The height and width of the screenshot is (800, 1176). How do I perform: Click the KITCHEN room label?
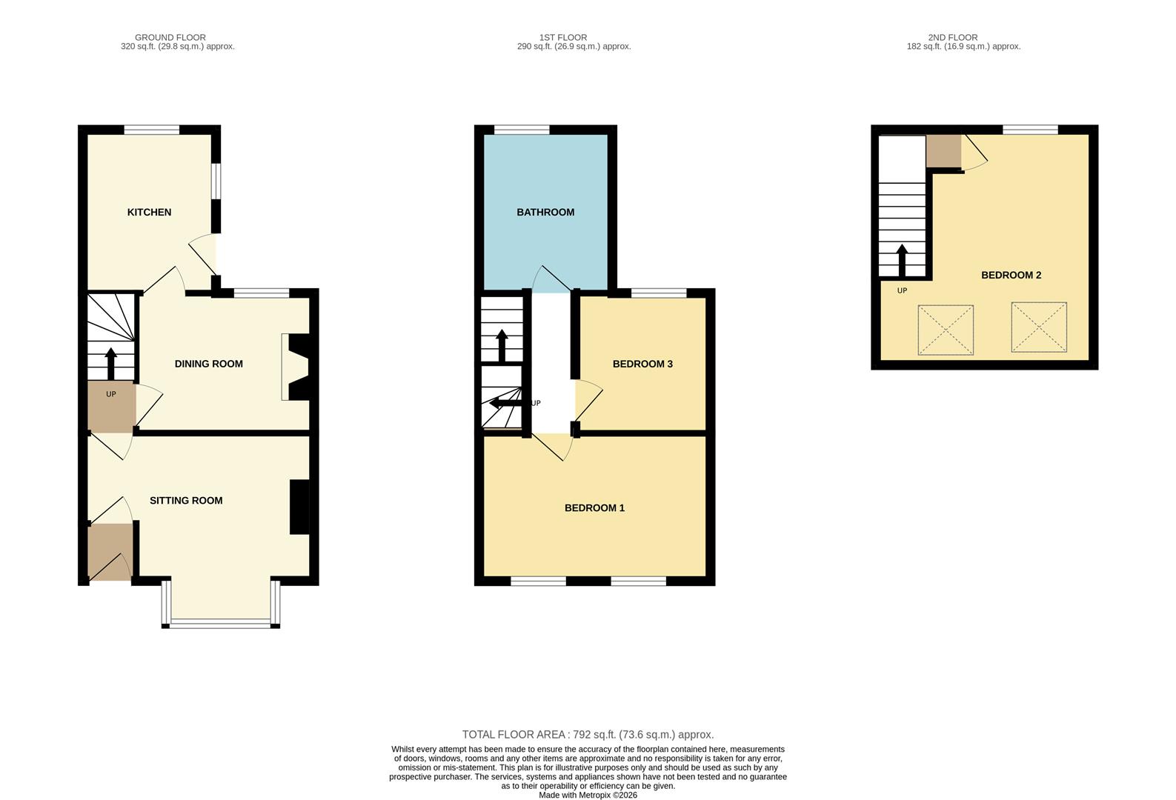coord(149,213)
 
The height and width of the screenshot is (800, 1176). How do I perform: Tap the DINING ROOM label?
coord(208,364)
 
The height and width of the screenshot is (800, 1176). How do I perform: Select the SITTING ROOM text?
coord(186,501)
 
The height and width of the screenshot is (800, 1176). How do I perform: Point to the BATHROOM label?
coord(545,213)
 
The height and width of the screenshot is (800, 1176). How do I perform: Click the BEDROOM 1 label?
coord(594,508)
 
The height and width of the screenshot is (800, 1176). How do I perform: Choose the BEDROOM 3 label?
coord(642,364)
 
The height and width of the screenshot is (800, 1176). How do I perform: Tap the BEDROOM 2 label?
coord(1011,276)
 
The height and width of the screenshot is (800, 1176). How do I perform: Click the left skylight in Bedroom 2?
coord(946,330)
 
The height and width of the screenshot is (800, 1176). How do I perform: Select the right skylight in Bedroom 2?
coord(1039,327)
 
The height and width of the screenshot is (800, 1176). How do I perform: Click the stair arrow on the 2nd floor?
coord(902,260)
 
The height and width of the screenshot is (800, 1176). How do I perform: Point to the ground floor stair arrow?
coord(111,363)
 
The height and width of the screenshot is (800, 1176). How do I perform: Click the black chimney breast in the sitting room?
coord(299,507)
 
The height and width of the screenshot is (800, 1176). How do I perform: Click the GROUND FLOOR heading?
coord(170,37)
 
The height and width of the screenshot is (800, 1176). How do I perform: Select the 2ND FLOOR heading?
coord(952,37)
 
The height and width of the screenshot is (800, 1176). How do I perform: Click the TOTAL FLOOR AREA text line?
coord(588,735)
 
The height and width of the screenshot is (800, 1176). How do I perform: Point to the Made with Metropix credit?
coord(588,795)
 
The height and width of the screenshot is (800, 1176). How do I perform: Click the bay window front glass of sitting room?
coord(221,624)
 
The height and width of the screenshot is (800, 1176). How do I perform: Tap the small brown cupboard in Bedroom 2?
coord(943,151)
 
